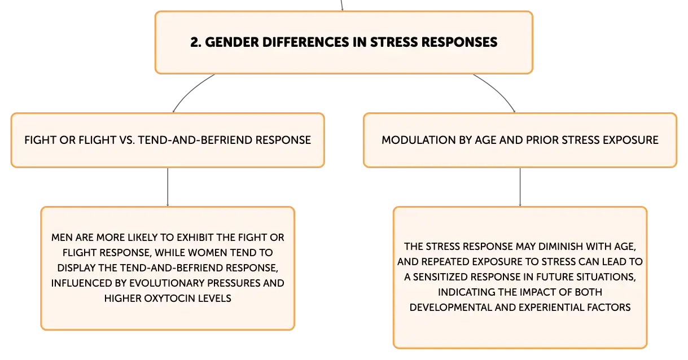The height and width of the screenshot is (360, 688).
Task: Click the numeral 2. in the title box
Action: point(196,42)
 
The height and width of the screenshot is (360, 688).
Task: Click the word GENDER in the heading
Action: point(232,42)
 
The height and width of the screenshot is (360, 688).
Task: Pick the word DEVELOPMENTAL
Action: point(450,307)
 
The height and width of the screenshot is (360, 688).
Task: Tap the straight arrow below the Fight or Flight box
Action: point(168,187)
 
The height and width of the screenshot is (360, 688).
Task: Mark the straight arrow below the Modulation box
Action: point(520,187)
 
